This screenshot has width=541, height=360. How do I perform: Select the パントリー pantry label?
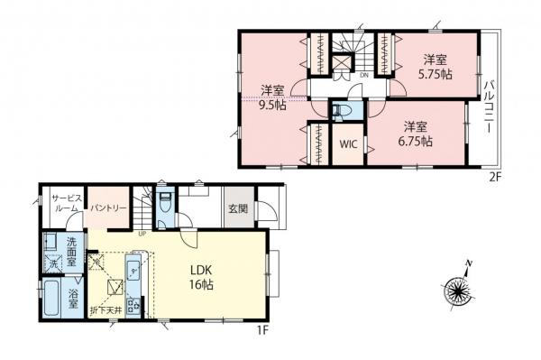(x=105, y=208)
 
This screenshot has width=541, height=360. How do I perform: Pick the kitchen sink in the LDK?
(x=133, y=268)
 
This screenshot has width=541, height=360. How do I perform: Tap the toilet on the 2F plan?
(x=341, y=111)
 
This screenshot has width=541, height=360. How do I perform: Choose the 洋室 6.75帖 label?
(x=416, y=134)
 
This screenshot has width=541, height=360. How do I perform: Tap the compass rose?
(x=461, y=291)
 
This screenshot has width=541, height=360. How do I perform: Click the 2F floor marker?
(x=494, y=177)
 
